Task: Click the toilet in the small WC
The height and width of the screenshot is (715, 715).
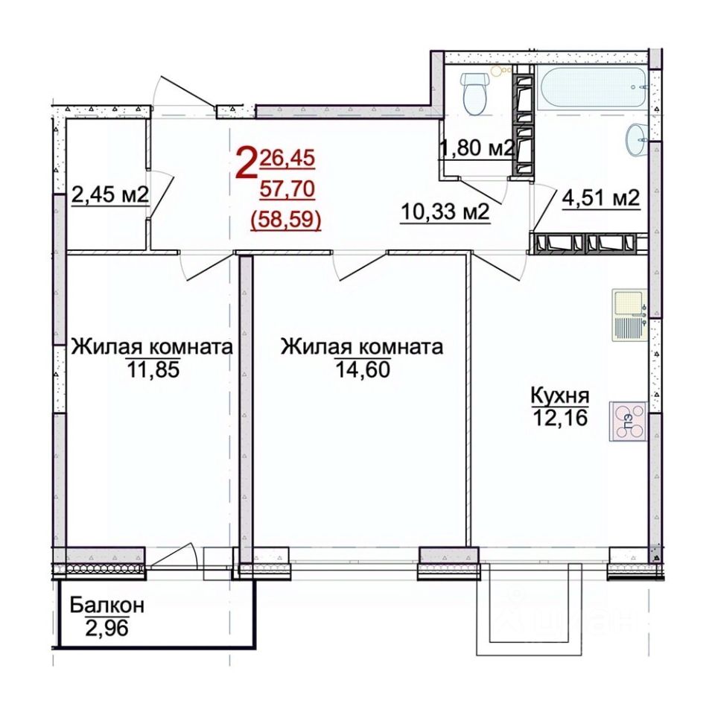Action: (475, 94)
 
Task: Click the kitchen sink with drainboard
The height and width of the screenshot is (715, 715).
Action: (629, 315)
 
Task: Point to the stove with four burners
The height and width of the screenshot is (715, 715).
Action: (628, 421)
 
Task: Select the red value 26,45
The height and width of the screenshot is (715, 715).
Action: (287, 158)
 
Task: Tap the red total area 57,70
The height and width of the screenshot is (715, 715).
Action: (287, 188)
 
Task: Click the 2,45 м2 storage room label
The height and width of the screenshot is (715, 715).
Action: (110, 195)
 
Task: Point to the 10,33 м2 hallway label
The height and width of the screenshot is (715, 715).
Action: (445, 212)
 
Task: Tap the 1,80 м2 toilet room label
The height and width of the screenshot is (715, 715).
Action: (477, 147)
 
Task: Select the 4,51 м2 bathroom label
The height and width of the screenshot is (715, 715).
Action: (602, 198)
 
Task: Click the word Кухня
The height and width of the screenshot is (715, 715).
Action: (560, 395)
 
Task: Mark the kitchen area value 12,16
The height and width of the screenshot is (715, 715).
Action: (560, 417)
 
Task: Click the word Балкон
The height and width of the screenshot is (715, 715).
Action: (107, 605)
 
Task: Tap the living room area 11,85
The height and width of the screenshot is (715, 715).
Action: (152, 370)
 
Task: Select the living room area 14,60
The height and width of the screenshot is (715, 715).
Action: (363, 369)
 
